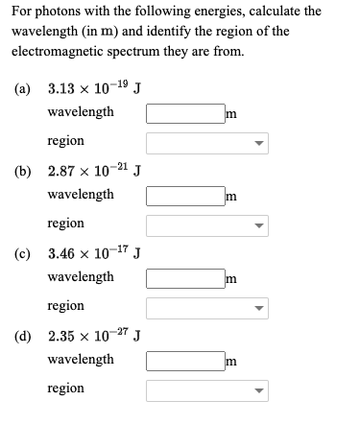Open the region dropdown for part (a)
(207, 143)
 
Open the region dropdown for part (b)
(207, 225)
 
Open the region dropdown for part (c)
(207, 308)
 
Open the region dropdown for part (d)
(207, 390)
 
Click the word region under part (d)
(65, 389)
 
